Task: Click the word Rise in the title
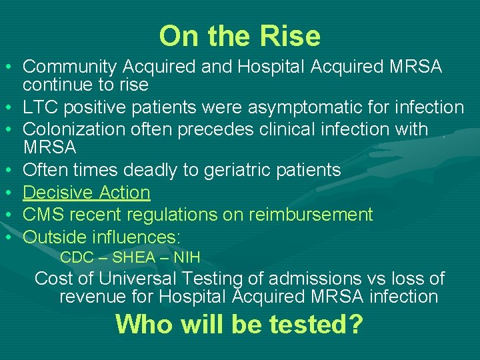tap(294, 36)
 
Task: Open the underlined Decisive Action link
tap(87, 193)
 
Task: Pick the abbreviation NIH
tap(186, 257)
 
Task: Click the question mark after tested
tap(355, 324)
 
